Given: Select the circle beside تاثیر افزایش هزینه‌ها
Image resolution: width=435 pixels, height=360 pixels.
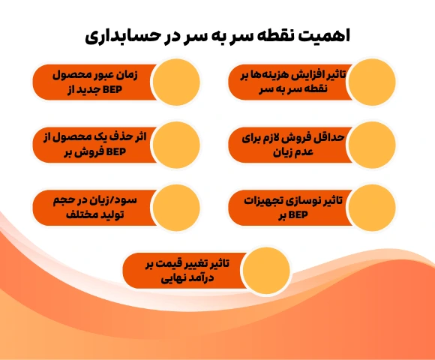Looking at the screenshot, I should tap(372, 82).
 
